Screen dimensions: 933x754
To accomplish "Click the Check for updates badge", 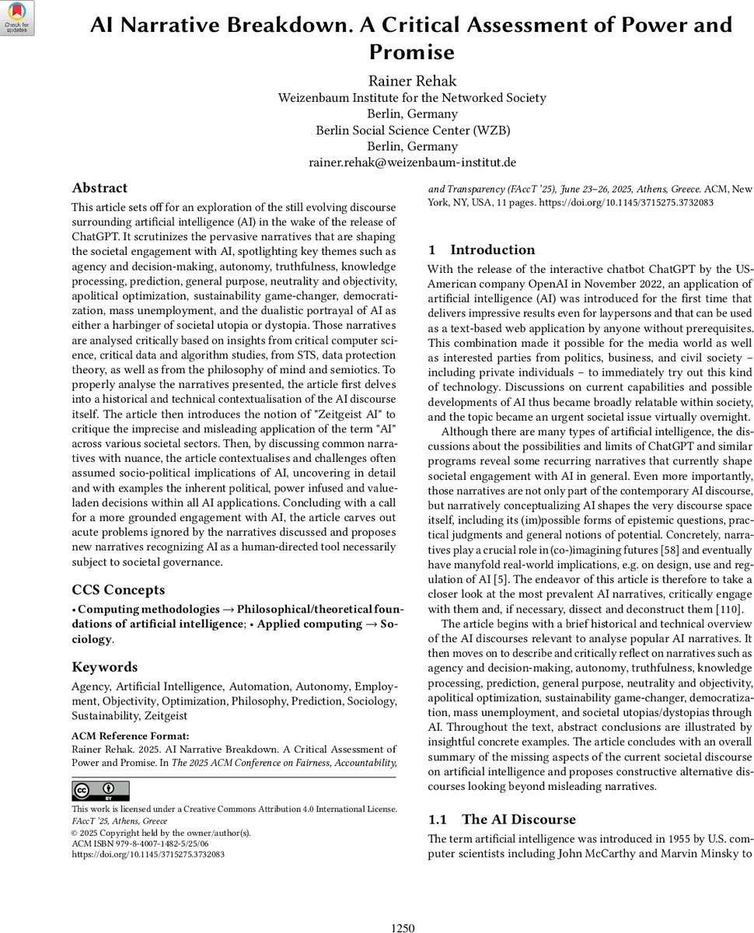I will point(17,17).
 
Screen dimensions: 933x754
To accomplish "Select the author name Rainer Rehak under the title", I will point(412,81).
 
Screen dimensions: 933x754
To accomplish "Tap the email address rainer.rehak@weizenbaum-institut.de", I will point(412,162).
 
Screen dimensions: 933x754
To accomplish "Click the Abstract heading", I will point(99,187).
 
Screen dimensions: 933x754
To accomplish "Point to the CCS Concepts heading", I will point(118,589).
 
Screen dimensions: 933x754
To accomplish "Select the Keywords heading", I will point(104,666).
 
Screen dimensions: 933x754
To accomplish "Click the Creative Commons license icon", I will point(101,791).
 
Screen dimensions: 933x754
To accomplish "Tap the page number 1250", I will point(403,928).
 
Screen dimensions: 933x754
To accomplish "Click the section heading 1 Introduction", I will point(481,250).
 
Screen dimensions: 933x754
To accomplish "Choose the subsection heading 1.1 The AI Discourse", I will point(502,819).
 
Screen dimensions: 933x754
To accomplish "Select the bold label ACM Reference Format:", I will point(130,736).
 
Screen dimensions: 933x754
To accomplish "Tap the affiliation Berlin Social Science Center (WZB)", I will point(412,130).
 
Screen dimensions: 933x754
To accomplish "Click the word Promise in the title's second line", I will point(412,52).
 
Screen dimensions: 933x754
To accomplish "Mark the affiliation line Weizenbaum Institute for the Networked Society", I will point(412,97).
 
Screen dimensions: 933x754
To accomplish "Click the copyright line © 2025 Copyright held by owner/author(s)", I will point(161,832).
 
